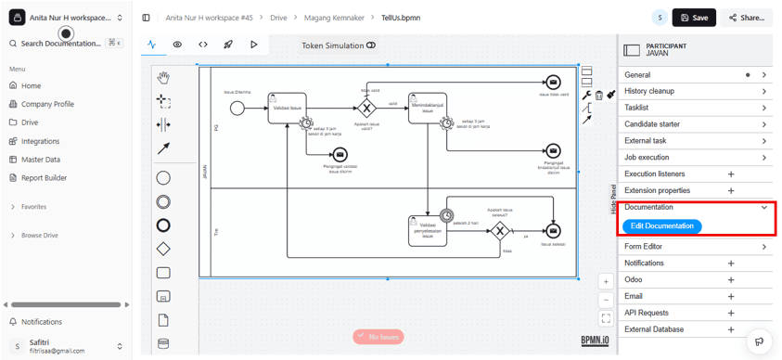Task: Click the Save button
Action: point(694,18)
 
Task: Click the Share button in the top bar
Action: point(746,18)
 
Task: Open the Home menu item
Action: point(31,85)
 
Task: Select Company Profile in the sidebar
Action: point(47,104)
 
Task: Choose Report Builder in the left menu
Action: point(44,177)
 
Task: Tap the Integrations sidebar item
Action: point(40,141)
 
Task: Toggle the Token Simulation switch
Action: point(371,45)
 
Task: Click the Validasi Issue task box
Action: point(287,108)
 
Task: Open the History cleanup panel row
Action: point(696,91)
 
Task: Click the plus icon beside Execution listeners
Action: point(731,174)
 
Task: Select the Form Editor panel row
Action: point(696,247)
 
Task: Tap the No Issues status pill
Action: point(378,337)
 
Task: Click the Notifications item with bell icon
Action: point(41,322)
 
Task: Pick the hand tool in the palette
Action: point(163,77)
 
